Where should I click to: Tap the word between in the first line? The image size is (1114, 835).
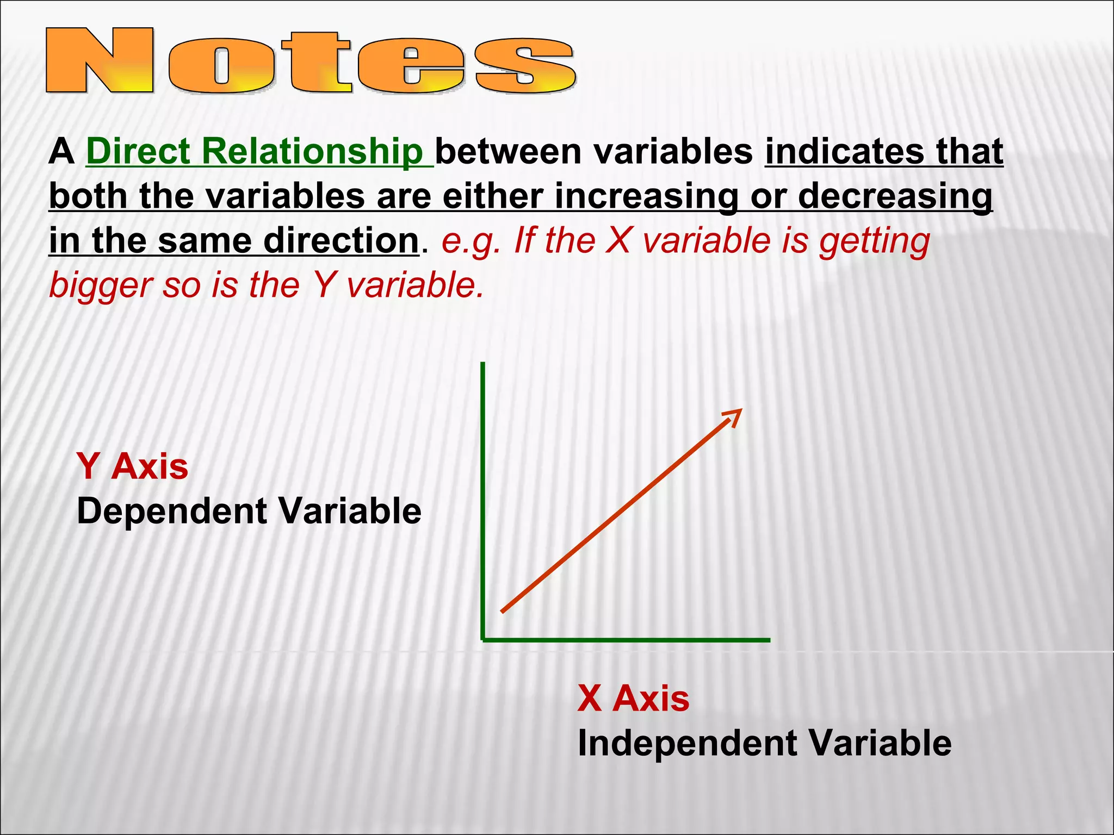click(509, 151)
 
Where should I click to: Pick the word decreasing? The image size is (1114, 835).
click(895, 196)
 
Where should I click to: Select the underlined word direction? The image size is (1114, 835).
click(341, 240)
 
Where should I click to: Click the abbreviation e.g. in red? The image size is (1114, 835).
click(471, 240)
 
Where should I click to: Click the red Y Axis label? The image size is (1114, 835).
click(132, 466)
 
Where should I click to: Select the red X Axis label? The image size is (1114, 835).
click(633, 698)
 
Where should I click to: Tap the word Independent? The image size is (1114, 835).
click(685, 743)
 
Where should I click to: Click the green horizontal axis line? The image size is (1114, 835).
click(626, 640)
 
